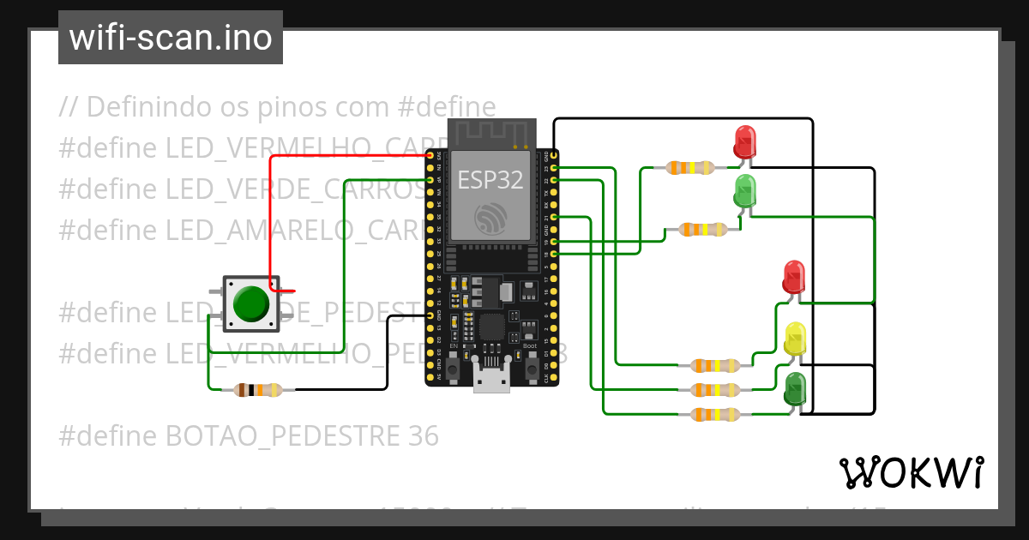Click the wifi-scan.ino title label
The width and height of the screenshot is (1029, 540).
pyautogui.click(x=171, y=38)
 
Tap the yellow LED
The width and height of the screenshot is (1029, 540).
pyautogui.click(x=795, y=339)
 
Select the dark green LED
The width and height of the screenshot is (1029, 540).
pyautogui.click(x=795, y=388)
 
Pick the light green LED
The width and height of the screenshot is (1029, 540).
pyautogui.click(x=745, y=190)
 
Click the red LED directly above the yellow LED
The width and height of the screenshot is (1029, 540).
pyautogui.click(x=794, y=277)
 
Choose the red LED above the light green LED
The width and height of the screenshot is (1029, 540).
pyautogui.click(x=745, y=141)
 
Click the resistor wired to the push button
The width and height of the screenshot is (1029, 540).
pyautogui.click(x=257, y=390)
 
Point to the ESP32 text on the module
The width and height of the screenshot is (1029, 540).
pyautogui.click(x=490, y=179)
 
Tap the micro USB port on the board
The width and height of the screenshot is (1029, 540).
pyautogui.click(x=490, y=376)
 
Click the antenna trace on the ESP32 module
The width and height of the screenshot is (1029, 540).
pyautogui.click(x=491, y=133)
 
